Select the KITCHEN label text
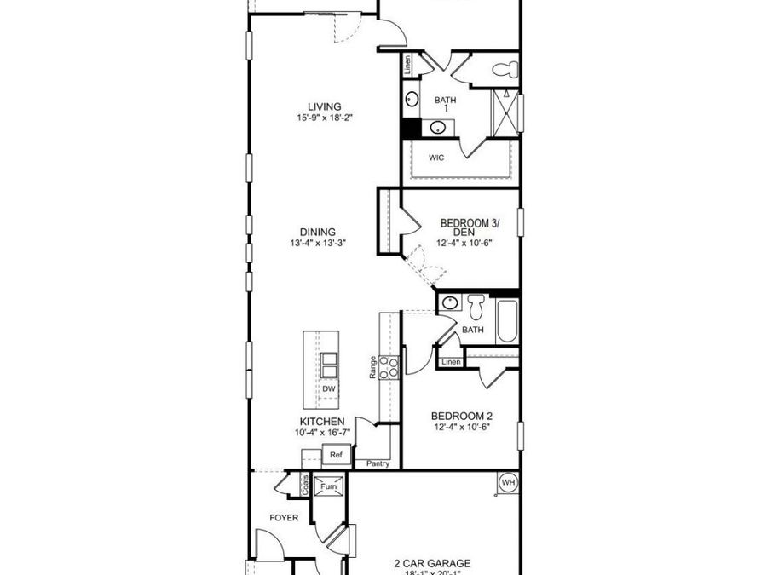click(x=321, y=422)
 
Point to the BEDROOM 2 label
click(x=461, y=417)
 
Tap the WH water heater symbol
click(x=508, y=483)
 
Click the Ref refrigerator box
click(x=336, y=456)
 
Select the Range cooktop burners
click(x=389, y=367)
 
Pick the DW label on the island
click(x=329, y=388)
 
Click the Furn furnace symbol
click(x=328, y=487)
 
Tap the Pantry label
click(x=378, y=463)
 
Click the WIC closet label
click(x=436, y=158)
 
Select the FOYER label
click(x=283, y=517)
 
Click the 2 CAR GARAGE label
click(x=432, y=563)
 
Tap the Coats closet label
click(x=304, y=485)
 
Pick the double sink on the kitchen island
click(x=329, y=365)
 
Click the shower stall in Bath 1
click(x=506, y=111)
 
